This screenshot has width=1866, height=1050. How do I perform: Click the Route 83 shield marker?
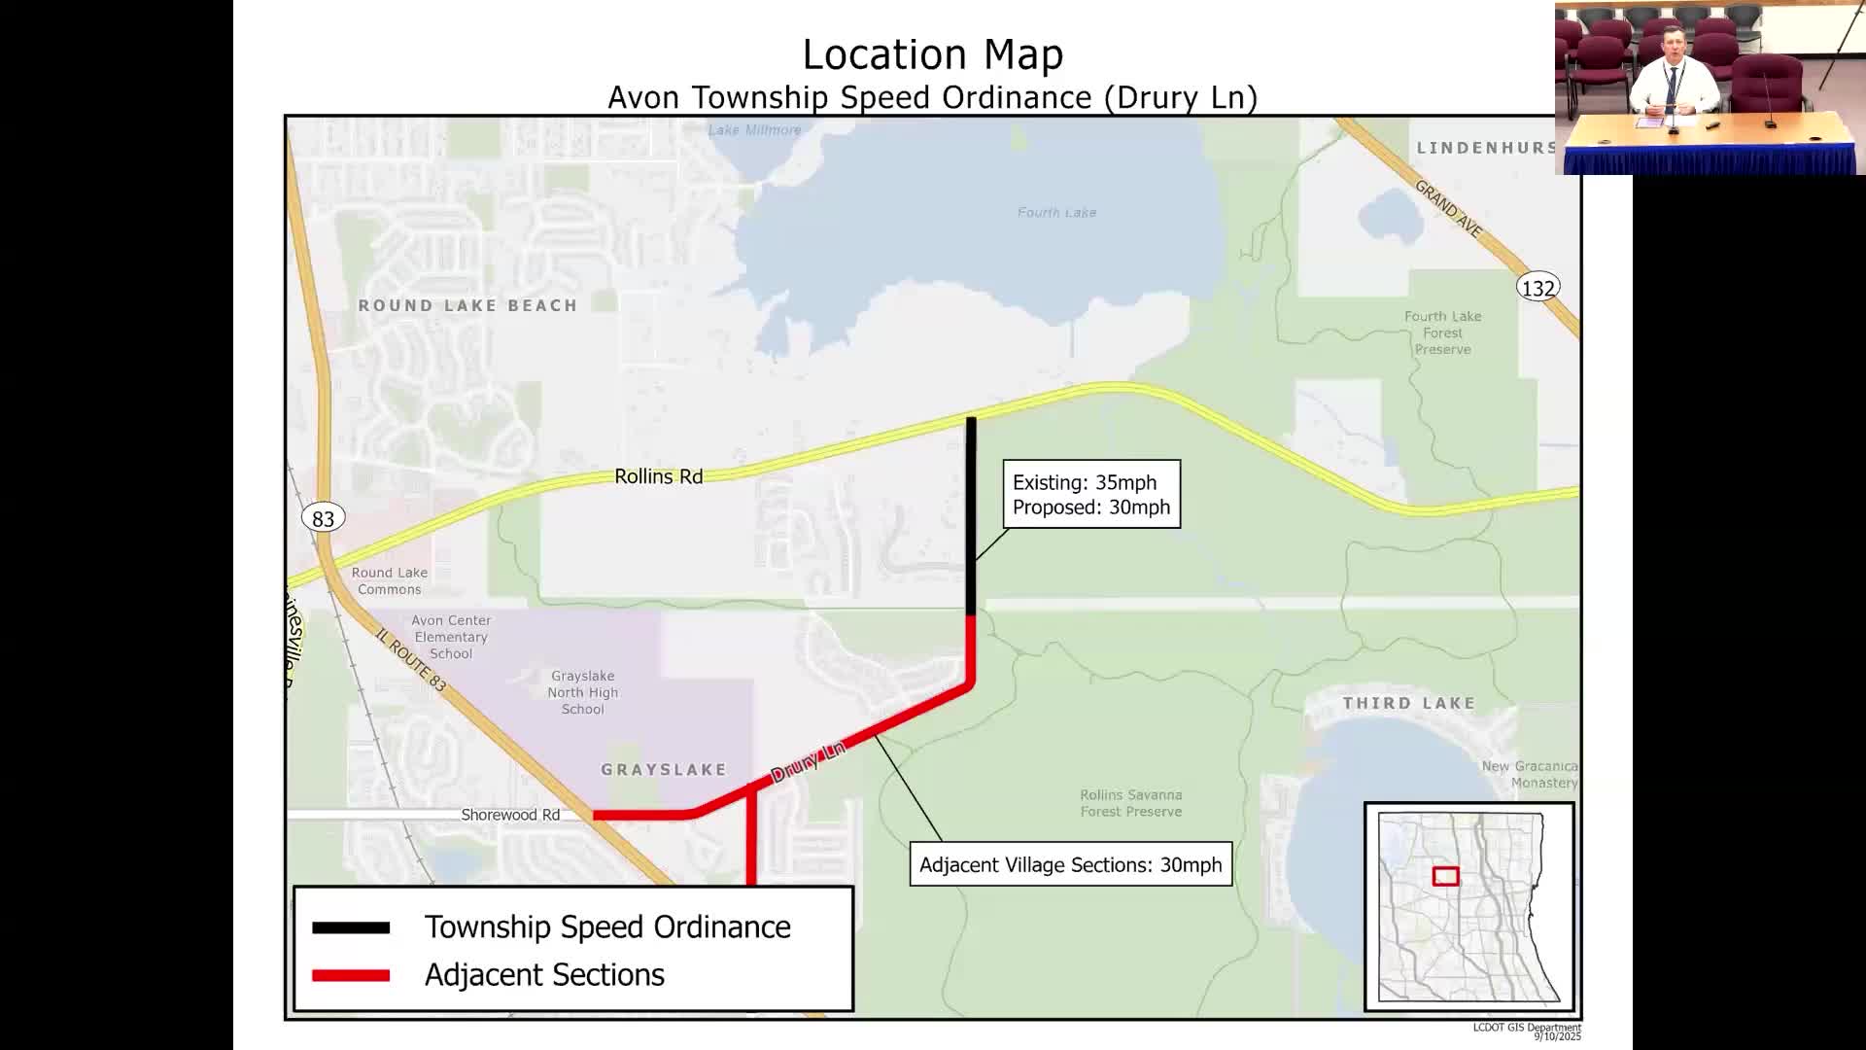point(323,518)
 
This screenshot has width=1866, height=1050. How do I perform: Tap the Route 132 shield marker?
point(1538,288)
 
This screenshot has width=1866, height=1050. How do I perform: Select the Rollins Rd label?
point(658,476)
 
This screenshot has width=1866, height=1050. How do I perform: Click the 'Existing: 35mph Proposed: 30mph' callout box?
point(1091,494)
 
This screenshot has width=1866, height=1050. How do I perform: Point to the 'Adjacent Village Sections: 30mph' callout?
point(1070,864)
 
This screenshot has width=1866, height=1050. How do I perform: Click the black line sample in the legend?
point(351,928)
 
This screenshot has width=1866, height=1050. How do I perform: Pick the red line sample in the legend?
point(351,975)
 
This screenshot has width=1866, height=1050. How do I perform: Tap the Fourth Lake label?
point(1056,212)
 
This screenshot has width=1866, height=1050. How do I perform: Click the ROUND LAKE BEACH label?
point(467,305)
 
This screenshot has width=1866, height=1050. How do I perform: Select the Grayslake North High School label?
point(582,692)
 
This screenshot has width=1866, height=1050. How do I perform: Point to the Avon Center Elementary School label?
point(451,637)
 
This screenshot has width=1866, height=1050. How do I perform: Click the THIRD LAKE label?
point(1408,703)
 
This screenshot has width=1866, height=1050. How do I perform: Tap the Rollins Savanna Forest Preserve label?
point(1131,803)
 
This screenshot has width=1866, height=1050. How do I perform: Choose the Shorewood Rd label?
point(510,815)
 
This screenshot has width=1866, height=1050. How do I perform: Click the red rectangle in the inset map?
point(1445,876)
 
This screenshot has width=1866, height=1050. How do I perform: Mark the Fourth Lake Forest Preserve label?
point(1442,332)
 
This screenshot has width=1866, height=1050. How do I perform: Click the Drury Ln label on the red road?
point(808,762)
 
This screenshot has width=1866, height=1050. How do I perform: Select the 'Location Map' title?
point(932,54)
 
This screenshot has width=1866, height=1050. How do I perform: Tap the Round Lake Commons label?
point(389,580)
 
